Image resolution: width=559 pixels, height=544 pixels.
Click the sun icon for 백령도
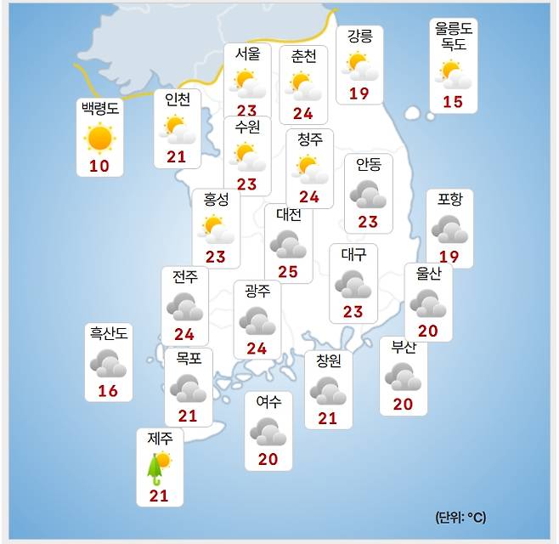coord(99,138)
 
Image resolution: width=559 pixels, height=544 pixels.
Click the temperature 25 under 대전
coord(288,272)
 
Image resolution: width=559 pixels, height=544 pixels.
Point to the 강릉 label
coord(359,36)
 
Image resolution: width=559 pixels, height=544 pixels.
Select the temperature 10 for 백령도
coord(99,166)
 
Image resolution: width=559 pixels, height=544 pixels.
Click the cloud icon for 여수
coord(268,432)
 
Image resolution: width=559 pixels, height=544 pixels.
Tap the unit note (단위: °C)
coord(460,517)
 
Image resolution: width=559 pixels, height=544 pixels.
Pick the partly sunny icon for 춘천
coord(303,83)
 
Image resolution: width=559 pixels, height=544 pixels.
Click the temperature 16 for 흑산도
coord(108,391)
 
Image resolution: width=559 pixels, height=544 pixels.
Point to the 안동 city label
coord(369,165)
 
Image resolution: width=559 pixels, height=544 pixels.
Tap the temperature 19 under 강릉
coord(359,93)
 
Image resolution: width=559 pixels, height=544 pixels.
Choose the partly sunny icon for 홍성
coord(216,228)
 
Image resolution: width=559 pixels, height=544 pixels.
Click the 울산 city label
coord(428,274)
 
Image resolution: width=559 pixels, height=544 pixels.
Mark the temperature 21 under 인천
coord(177,156)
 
